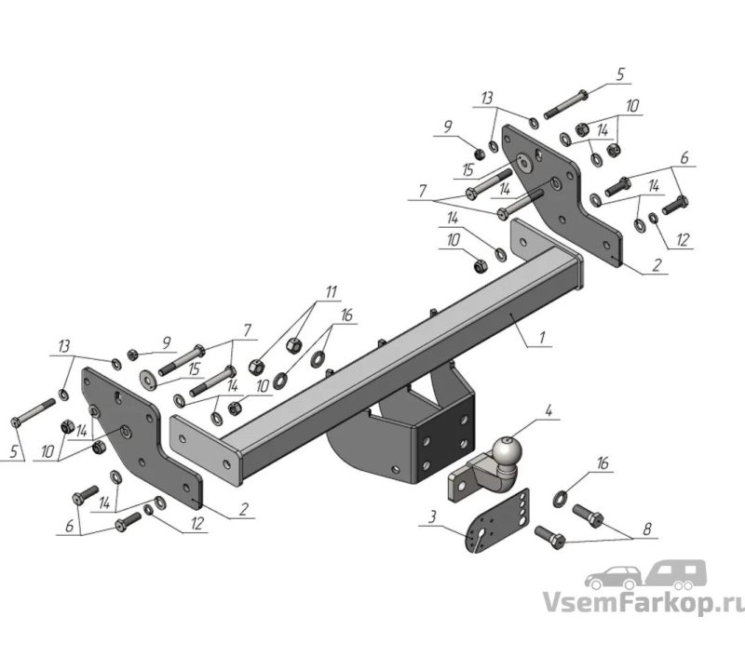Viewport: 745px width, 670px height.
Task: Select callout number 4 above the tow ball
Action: pyautogui.click(x=549, y=411)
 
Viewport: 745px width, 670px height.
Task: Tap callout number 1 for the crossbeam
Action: pyautogui.click(x=542, y=338)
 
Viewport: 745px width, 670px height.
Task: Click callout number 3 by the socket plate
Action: pyautogui.click(x=431, y=517)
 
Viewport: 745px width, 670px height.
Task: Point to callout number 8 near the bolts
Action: pyautogui.click(x=646, y=529)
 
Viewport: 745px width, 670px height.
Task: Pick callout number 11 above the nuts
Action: pyautogui.click(x=331, y=291)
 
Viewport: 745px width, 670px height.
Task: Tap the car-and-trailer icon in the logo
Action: pyautogui.click(x=645, y=574)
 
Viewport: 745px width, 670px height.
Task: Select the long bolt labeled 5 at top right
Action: pyautogui.click(x=566, y=104)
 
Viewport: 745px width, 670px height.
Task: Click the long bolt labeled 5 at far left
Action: pyautogui.click(x=33, y=411)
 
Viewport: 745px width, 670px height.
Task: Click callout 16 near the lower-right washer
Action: pyautogui.click(x=602, y=463)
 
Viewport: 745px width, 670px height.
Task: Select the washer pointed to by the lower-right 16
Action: pyautogui.click(x=561, y=499)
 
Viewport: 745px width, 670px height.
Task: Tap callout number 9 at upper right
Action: pyautogui.click(x=448, y=127)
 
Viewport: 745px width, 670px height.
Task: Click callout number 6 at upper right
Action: pyautogui.click(x=684, y=157)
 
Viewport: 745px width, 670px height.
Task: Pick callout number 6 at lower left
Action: pyautogui.click(x=69, y=526)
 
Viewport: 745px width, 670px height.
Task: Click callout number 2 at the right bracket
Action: pyautogui.click(x=657, y=264)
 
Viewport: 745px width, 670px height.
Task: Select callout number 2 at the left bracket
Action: pyautogui.click(x=243, y=509)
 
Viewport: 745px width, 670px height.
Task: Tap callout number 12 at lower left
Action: pyautogui.click(x=196, y=523)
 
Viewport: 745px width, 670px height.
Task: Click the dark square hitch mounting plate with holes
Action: pyautogui.click(x=446, y=441)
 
